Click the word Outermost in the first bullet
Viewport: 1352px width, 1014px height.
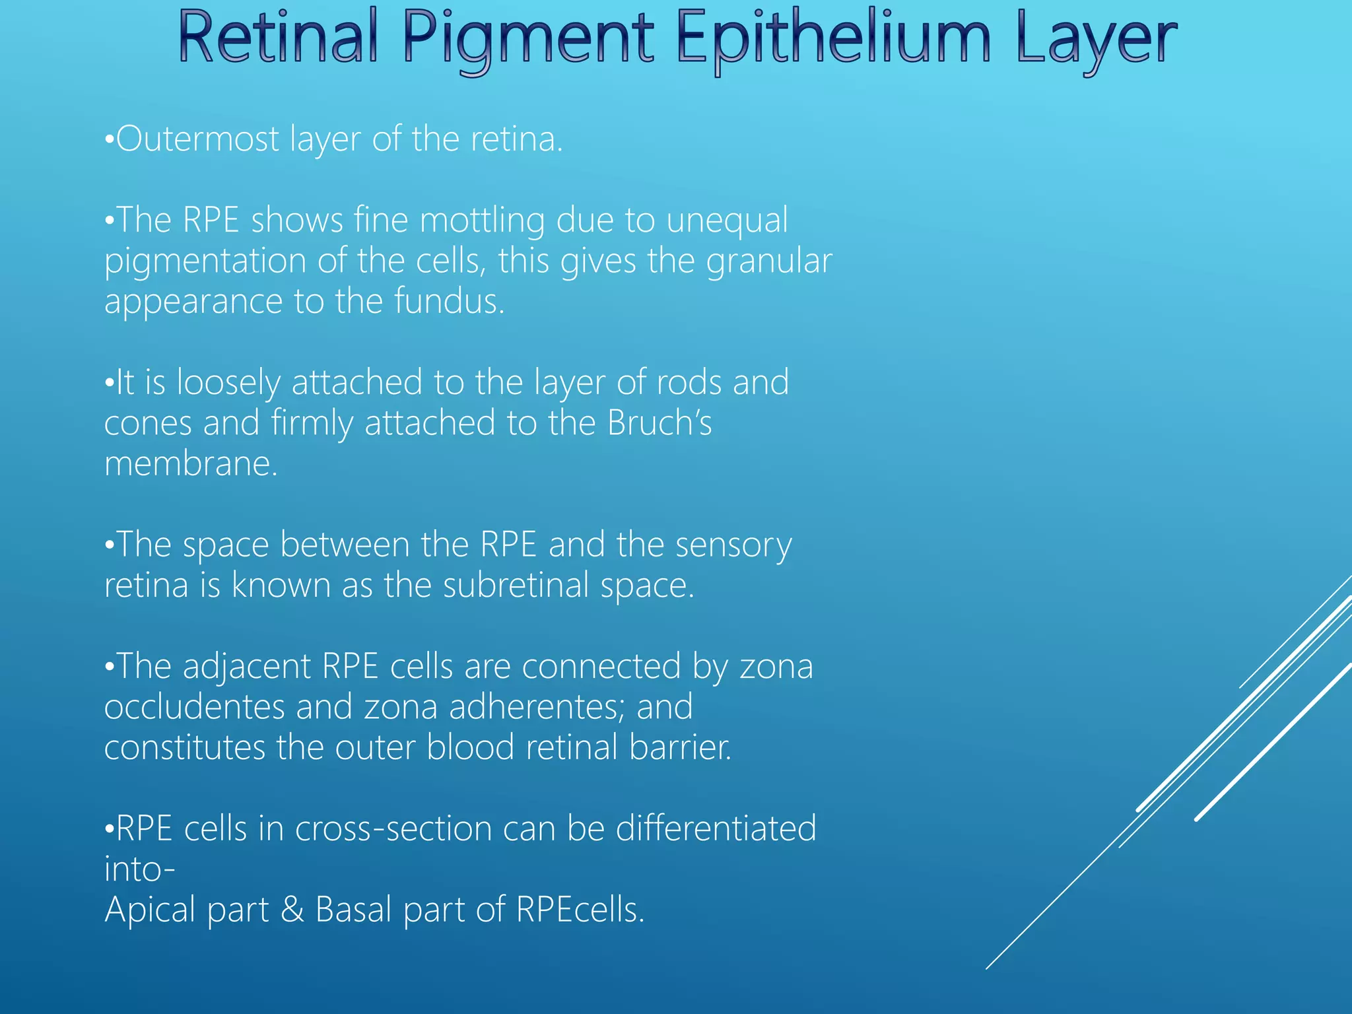coord(197,139)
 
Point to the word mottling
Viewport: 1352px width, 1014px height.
coord(482,220)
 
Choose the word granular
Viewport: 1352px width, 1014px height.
coord(768,261)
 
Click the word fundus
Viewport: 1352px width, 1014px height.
coord(449,302)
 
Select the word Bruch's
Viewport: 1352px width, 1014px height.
coord(659,423)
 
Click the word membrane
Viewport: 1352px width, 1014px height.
coord(191,464)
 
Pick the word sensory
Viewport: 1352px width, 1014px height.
coord(733,546)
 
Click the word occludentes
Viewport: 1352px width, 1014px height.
coord(194,708)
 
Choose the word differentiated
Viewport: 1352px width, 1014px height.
coord(716,829)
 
